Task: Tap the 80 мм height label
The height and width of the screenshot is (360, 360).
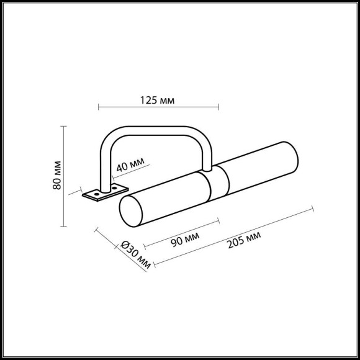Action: pyautogui.click(x=56, y=176)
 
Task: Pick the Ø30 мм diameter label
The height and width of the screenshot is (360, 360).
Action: pyautogui.click(x=135, y=254)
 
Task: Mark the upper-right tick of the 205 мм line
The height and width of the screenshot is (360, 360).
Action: pyautogui.click(x=312, y=211)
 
